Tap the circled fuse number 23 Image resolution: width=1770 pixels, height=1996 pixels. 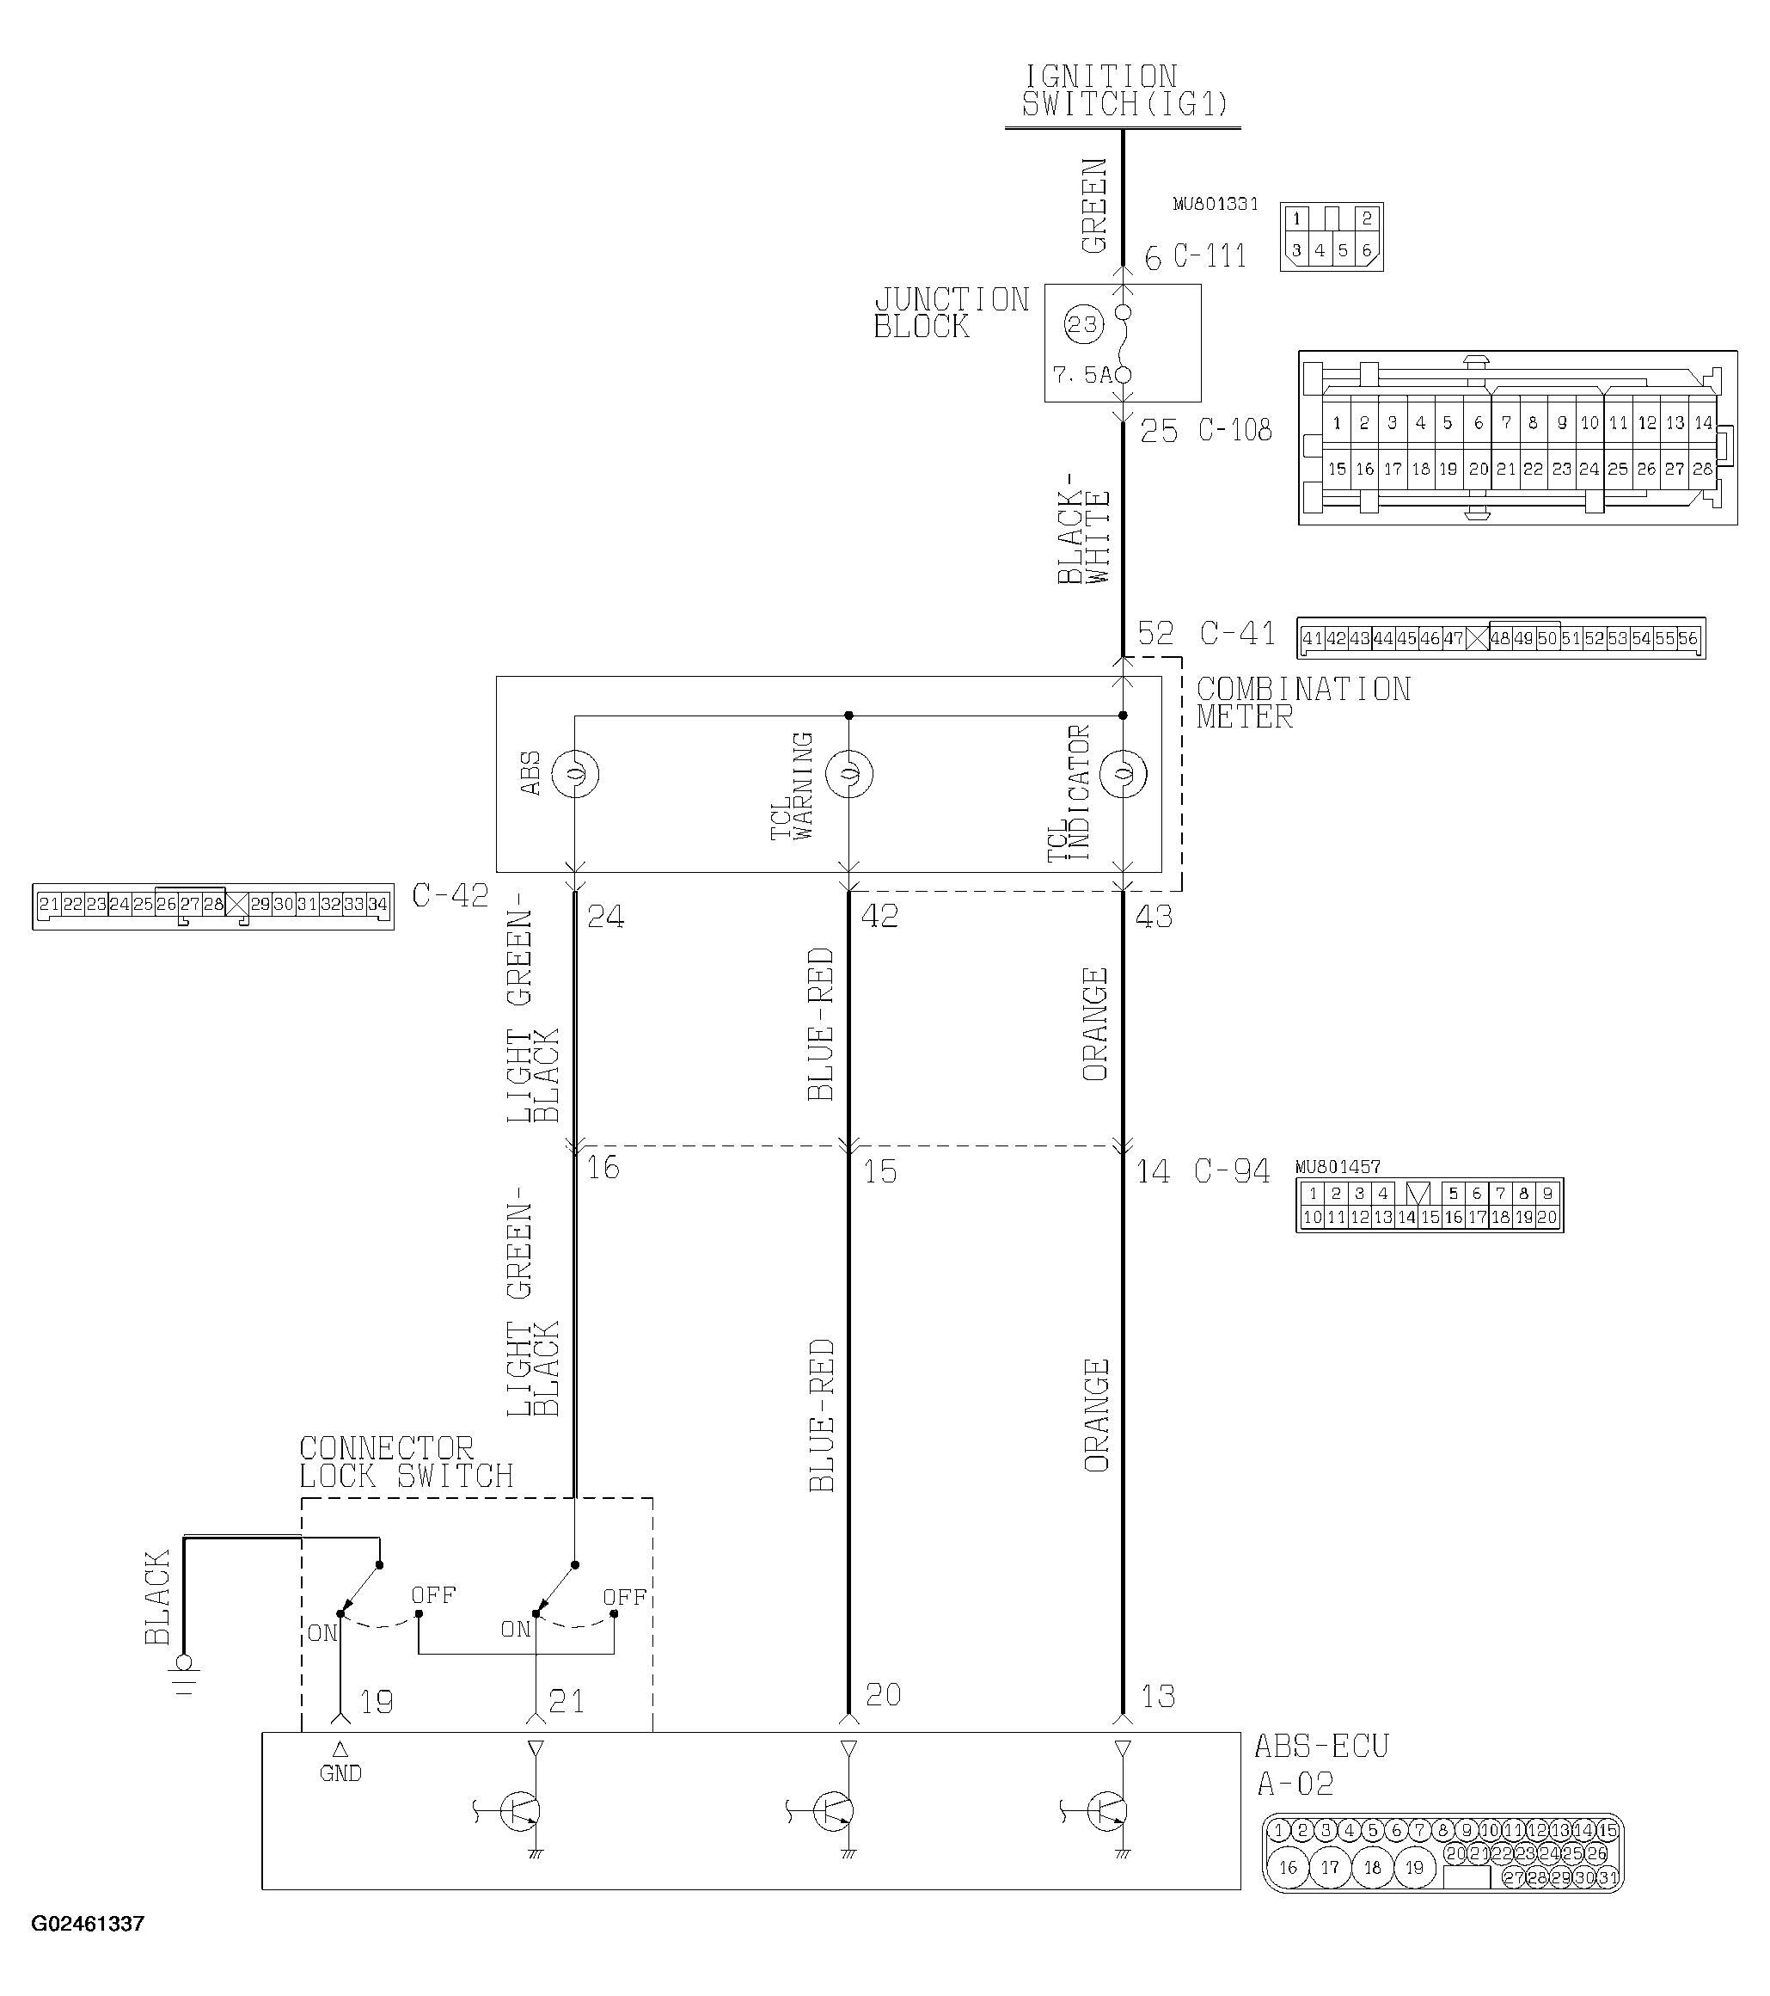pos(1081,324)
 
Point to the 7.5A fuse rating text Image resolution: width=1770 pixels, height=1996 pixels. pos(1081,375)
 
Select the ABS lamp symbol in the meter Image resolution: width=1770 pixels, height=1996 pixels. pos(575,773)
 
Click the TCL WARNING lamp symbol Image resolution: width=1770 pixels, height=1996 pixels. pos(849,773)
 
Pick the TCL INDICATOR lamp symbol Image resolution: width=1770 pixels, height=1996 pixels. pos(1123,773)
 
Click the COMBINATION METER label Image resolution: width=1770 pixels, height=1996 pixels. pos(1302,703)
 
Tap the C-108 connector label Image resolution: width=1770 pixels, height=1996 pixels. pos(1235,431)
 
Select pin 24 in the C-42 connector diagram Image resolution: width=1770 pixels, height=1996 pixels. pos(119,904)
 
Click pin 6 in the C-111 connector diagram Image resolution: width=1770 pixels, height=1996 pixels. pos(1367,251)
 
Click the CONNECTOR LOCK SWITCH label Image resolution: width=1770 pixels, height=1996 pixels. pos(405,1462)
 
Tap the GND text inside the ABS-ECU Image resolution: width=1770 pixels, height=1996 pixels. pos(340,1773)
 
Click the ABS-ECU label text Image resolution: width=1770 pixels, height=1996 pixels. pos(1321,1746)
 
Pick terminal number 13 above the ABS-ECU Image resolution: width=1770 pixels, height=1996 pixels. pos(1158,1696)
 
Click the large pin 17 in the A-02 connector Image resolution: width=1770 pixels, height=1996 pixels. pos(1330,1868)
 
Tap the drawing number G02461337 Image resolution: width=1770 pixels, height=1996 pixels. pos(88,1924)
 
